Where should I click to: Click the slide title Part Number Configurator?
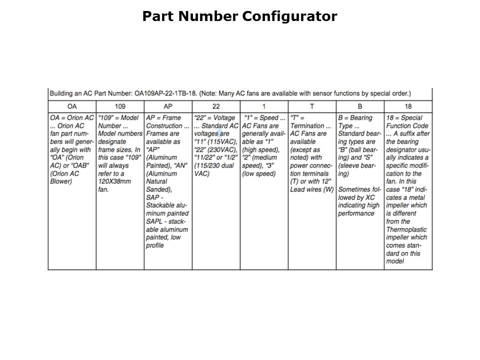tap(239, 16)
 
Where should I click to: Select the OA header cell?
tap(71, 106)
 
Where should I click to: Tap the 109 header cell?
tap(120, 106)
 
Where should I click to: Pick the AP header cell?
tap(168, 106)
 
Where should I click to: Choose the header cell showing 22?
tap(216, 106)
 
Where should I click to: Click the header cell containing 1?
tap(264, 106)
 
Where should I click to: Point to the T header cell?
tap(312, 106)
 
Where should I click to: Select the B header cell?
tap(360, 106)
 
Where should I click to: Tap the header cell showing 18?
tap(408, 106)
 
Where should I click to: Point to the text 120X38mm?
tap(115, 181)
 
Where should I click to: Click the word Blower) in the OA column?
tap(61, 181)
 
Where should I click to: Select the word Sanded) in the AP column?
tap(157, 189)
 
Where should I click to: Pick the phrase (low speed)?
tap(258, 173)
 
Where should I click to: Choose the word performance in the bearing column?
tap(356, 213)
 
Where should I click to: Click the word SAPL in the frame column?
tap(155, 221)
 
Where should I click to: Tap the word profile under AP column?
tap(155, 245)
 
